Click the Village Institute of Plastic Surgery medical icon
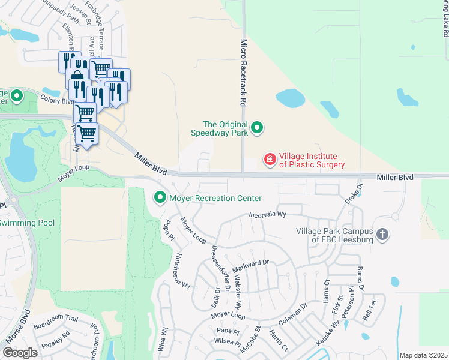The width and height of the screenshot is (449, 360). (270, 159)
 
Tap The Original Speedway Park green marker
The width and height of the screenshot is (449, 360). (258, 127)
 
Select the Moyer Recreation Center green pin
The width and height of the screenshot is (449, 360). (160, 197)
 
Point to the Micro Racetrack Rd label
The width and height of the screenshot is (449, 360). (244, 73)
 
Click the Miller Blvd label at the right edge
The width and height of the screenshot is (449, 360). (395, 178)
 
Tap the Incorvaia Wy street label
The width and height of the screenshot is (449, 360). (267, 214)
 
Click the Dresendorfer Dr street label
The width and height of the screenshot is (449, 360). (220, 268)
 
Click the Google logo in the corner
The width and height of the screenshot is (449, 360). (20, 353)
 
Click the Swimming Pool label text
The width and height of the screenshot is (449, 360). (27, 223)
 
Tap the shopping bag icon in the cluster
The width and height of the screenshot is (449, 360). (78, 79)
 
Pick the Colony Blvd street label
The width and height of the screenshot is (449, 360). (57, 100)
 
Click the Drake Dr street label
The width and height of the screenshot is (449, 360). (353, 194)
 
